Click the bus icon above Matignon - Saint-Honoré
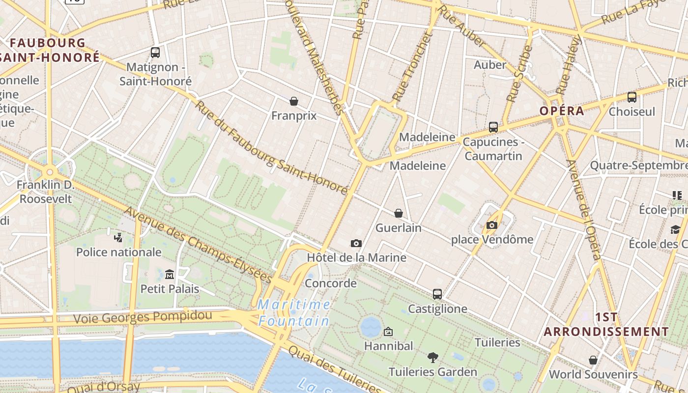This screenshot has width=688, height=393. point(155,53)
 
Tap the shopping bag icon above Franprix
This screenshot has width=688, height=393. point(294,101)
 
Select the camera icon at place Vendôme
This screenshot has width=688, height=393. point(491,225)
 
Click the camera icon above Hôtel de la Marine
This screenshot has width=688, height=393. point(356,243)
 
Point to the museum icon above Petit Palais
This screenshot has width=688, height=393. point(170,274)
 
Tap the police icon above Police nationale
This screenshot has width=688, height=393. point(118,238)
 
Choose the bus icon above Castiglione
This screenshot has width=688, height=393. point(437,294)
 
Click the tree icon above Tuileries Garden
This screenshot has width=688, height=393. point(432,357)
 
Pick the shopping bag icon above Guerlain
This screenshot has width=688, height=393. point(399,213)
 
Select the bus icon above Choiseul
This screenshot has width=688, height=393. point(632,97)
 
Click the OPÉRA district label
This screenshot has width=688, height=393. point(562,111)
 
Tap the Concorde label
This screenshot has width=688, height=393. point(331,283)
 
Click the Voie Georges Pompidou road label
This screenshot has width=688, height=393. point(143,317)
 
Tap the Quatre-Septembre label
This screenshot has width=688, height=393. point(638,166)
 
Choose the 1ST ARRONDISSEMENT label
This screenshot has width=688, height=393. point(606,324)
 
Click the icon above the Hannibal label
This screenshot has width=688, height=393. point(388,332)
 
